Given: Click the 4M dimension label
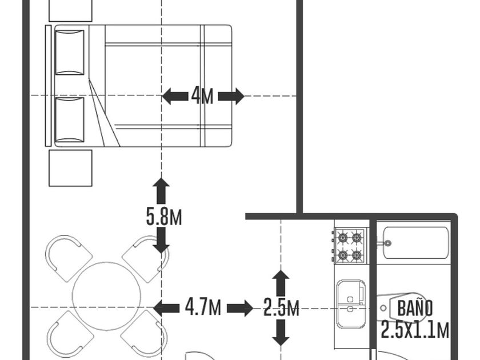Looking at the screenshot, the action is pyautogui.click(x=202, y=96).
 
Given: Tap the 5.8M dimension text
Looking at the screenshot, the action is pyautogui.click(x=164, y=217).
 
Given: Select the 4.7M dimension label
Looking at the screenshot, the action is pyautogui.click(x=203, y=308).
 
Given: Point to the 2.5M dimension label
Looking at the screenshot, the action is pyautogui.click(x=281, y=309).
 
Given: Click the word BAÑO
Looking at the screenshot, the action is pyautogui.click(x=415, y=309).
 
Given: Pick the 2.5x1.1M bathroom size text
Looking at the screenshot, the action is pyautogui.click(x=415, y=330).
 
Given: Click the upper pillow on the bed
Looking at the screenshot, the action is pyautogui.click(x=70, y=52).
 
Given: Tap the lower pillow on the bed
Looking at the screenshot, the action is pyautogui.click(x=70, y=119).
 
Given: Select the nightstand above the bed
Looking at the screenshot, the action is pyautogui.click(x=70, y=10).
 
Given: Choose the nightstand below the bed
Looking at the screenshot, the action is pyautogui.click(x=70, y=168).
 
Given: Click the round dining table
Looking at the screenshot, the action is pyautogui.click(x=106, y=296).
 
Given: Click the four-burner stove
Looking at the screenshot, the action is pyautogui.click(x=350, y=245).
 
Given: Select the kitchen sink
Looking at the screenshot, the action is pyautogui.click(x=350, y=303).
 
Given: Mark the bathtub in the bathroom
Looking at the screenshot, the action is pyautogui.click(x=415, y=243).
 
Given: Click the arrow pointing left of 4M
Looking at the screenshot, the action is pyautogui.click(x=174, y=96).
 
